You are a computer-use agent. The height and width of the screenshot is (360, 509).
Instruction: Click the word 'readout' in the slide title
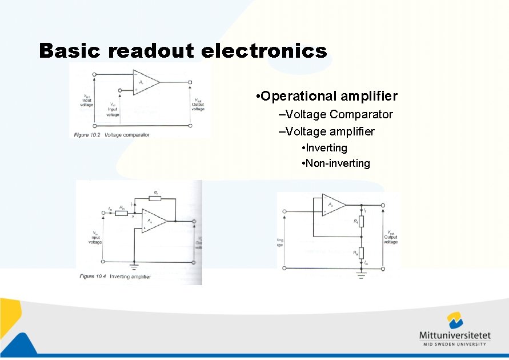point(150,51)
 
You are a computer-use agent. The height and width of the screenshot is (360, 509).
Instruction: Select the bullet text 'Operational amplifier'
point(328,96)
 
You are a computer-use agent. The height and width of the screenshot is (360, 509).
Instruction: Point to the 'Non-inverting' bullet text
point(338,163)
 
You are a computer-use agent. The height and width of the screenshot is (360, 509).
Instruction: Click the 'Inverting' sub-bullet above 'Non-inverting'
point(326,148)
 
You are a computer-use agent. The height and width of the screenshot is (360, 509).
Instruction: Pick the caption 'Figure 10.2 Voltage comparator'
point(111,135)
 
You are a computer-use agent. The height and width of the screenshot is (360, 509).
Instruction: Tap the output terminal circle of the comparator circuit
point(190,82)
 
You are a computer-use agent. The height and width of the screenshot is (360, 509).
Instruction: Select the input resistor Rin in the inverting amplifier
point(122,213)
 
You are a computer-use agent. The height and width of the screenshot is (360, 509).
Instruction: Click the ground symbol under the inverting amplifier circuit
point(134,266)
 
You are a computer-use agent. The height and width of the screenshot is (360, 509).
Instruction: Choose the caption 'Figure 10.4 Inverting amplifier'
point(115,277)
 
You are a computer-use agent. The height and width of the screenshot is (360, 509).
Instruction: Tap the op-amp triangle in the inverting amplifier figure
point(152,221)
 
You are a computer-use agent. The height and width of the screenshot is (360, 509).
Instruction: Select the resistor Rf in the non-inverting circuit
point(361,222)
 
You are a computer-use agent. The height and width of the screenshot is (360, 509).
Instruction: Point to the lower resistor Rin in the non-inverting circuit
point(361,252)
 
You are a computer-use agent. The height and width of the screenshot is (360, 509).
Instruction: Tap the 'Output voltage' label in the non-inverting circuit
point(391,237)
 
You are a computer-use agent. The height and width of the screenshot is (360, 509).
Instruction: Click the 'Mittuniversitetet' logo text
point(455,335)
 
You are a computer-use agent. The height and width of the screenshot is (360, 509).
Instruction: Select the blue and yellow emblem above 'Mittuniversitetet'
point(455,320)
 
